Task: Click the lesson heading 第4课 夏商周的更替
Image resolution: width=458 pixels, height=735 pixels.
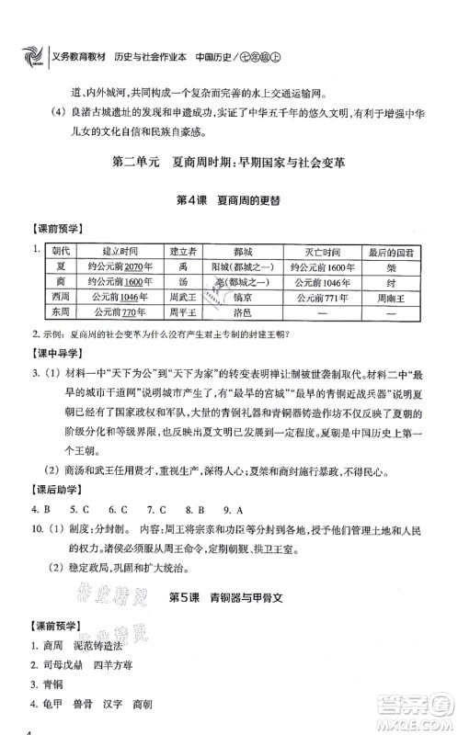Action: tap(228, 200)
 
